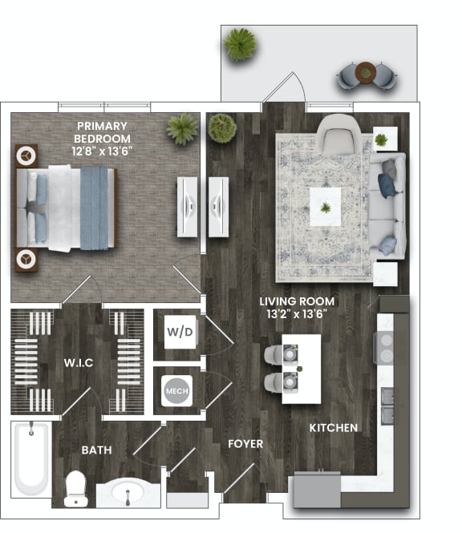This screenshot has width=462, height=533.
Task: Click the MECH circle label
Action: [176, 391]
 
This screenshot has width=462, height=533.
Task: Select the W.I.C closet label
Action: [79, 363]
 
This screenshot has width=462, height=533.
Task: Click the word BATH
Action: [96, 450]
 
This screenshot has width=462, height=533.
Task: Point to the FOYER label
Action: [245, 443]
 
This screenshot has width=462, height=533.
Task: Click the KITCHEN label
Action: [334, 428]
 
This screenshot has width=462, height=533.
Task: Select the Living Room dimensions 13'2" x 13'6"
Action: [297, 314]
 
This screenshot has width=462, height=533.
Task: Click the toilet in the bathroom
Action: [75, 486]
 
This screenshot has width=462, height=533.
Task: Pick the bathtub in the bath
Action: [31, 458]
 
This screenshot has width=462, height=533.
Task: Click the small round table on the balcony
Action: [366, 72]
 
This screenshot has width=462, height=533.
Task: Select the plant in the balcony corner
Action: [240, 44]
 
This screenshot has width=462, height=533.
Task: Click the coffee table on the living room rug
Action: [325, 208]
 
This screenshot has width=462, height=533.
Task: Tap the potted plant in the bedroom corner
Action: [183, 129]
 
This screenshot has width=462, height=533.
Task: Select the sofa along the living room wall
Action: [389, 205]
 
